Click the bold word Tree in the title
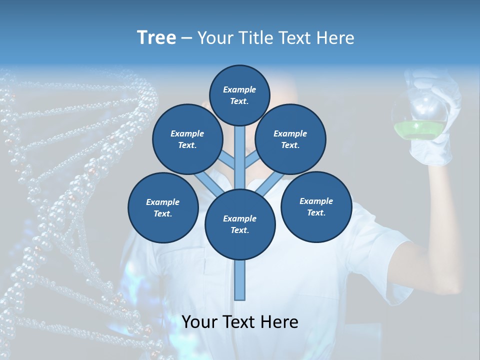156,37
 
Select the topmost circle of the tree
239,95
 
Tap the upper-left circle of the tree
187,139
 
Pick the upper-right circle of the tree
290,139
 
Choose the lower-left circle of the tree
162,207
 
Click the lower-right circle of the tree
316,206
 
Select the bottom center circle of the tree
239,224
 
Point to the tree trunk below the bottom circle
240,280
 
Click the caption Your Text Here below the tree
239,322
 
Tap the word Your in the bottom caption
199,322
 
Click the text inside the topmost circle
239,95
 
